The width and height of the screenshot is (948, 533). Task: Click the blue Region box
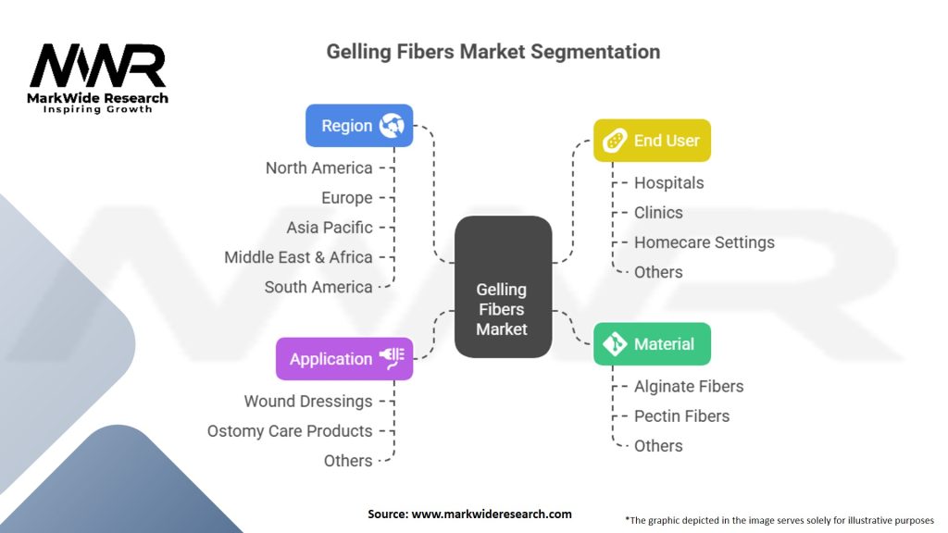click(x=359, y=126)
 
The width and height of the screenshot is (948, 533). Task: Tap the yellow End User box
click(x=652, y=141)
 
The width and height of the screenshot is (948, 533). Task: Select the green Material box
click(x=652, y=344)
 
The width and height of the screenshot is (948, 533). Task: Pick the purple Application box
click(x=344, y=359)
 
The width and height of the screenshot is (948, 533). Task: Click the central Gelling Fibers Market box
click(x=503, y=287)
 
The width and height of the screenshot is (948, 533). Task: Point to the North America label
click(x=318, y=168)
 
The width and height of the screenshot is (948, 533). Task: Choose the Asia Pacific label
click(x=330, y=228)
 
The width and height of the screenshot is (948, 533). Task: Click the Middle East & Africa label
click(x=298, y=257)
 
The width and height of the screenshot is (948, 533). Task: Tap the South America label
click(x=318, y=287)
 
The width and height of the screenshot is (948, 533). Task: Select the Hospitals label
click(x=668, y=182)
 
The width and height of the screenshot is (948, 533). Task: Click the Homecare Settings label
click(x=705, y=242)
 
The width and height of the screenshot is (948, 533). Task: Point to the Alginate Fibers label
click(x=689, y=386)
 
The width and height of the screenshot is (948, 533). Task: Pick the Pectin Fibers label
click(x=681, y=415)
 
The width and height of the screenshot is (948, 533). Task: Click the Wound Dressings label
click(x=308, y=402)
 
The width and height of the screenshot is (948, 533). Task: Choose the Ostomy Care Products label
click(x=290, y=431)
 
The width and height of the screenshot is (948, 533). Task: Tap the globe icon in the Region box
click(x=392, y=126)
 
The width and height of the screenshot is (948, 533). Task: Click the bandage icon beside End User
click(x=615, y=141)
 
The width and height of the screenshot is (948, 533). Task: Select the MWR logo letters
click(x=97, y=66)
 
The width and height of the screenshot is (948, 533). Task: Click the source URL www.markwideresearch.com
click(x=492, y=514)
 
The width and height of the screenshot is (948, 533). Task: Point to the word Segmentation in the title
click(x=595, y=52)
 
